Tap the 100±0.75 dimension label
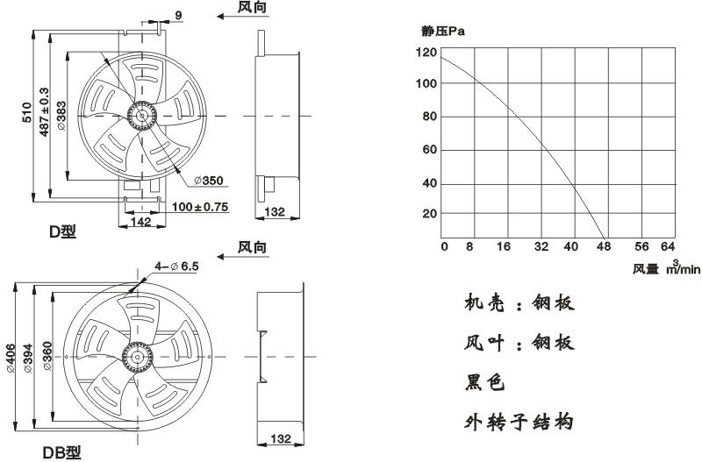[199, 207]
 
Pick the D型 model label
[62, 232]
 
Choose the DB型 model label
[62, 452]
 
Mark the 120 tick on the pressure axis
[426, 53]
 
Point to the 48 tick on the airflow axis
[604, 246]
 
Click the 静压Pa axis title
[442, 32]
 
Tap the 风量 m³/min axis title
[667, 268]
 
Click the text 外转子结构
[519, 422]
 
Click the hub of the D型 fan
[140, 115]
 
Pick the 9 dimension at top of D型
[178, 15]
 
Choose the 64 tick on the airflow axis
[668, 246]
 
